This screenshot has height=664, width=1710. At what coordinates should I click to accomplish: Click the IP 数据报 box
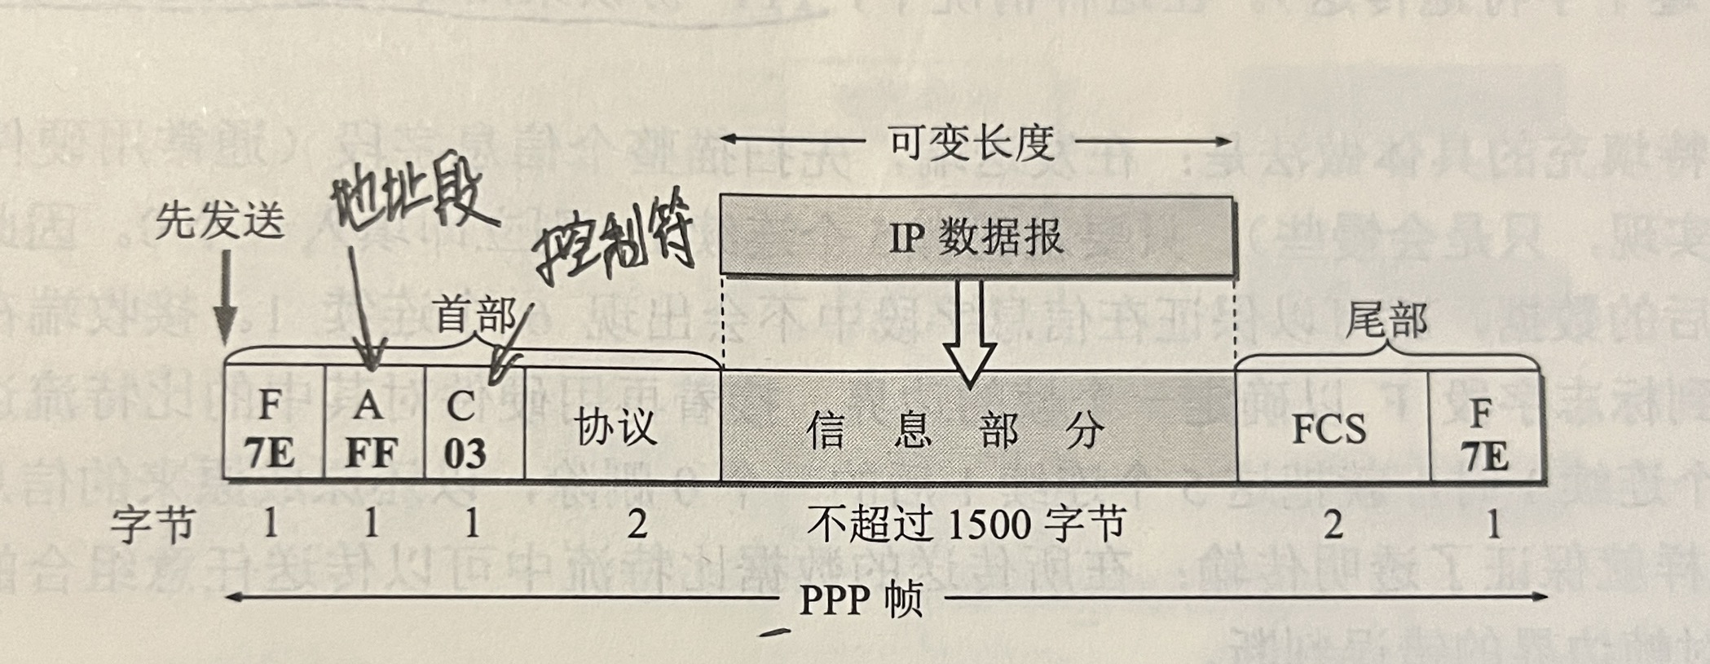[x=976, y=237]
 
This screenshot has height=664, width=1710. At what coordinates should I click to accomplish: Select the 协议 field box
[x=621, y=426]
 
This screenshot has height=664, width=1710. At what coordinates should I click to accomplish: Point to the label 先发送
[x=220, y=220]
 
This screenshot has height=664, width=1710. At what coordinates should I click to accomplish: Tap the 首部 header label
[x=475, y=315]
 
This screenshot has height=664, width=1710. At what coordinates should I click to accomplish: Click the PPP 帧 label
[x=861, y=600]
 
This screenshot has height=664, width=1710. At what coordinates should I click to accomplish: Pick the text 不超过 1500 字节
[x=967, y=524]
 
